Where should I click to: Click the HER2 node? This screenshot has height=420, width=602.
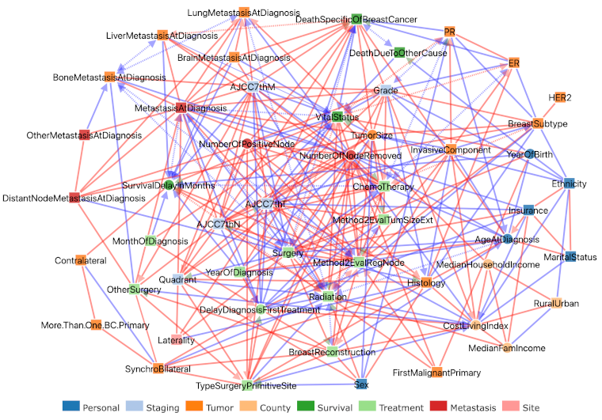(x=560, y=97)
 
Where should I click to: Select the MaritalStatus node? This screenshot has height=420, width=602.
(x=570, y=256)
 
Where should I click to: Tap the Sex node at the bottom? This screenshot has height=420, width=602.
(x=361, y=384)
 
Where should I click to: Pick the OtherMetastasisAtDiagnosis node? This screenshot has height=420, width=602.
(x=84, y=135)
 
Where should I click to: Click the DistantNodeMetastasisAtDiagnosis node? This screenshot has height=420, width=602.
(x=74, y=198)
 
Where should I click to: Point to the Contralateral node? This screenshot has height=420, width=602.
(x=81, y=260)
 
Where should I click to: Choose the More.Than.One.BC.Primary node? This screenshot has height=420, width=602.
(x=96, y=325)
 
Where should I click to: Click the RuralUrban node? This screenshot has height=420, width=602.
(x=555, y=304)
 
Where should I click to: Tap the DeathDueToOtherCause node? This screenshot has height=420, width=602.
(x=399, y=53)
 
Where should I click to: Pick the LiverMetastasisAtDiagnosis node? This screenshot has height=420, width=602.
(x=162, y=36)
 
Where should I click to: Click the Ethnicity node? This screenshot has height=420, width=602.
(x=569, y=184)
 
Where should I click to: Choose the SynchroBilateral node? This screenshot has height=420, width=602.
(x=158, y=369)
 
